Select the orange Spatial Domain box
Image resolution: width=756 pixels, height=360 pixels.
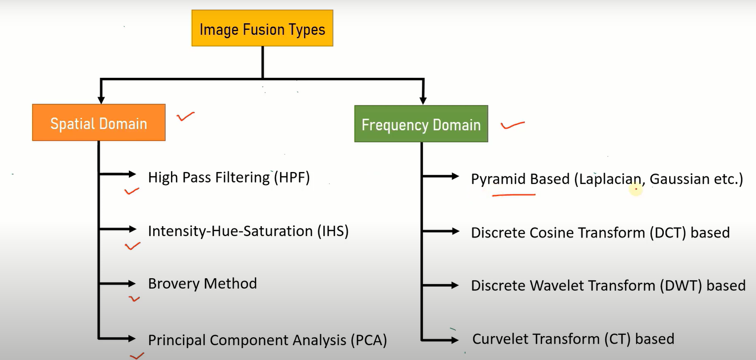click(x=99, y=122)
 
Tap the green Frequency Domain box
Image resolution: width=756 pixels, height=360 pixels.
click(x=421, y=124)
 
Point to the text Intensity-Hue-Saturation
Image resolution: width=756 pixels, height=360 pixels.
click(x=230, y=231)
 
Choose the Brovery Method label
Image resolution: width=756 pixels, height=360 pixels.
click(x=202, y=284)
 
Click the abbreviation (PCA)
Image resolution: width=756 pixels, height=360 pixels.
click(x=368, y=340)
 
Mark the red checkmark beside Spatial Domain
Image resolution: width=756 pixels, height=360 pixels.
click(x=185, y=117)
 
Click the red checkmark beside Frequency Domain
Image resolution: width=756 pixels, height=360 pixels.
click(x=512, y=125)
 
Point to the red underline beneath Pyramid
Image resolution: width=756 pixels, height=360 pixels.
click(x=514, y=195)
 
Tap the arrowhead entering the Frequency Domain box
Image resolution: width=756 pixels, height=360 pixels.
click(x=423, y=100)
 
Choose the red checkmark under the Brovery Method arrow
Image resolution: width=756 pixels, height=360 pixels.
click(x=134, y=299)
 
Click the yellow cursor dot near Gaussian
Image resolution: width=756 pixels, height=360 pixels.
click(x=636, y=189)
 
